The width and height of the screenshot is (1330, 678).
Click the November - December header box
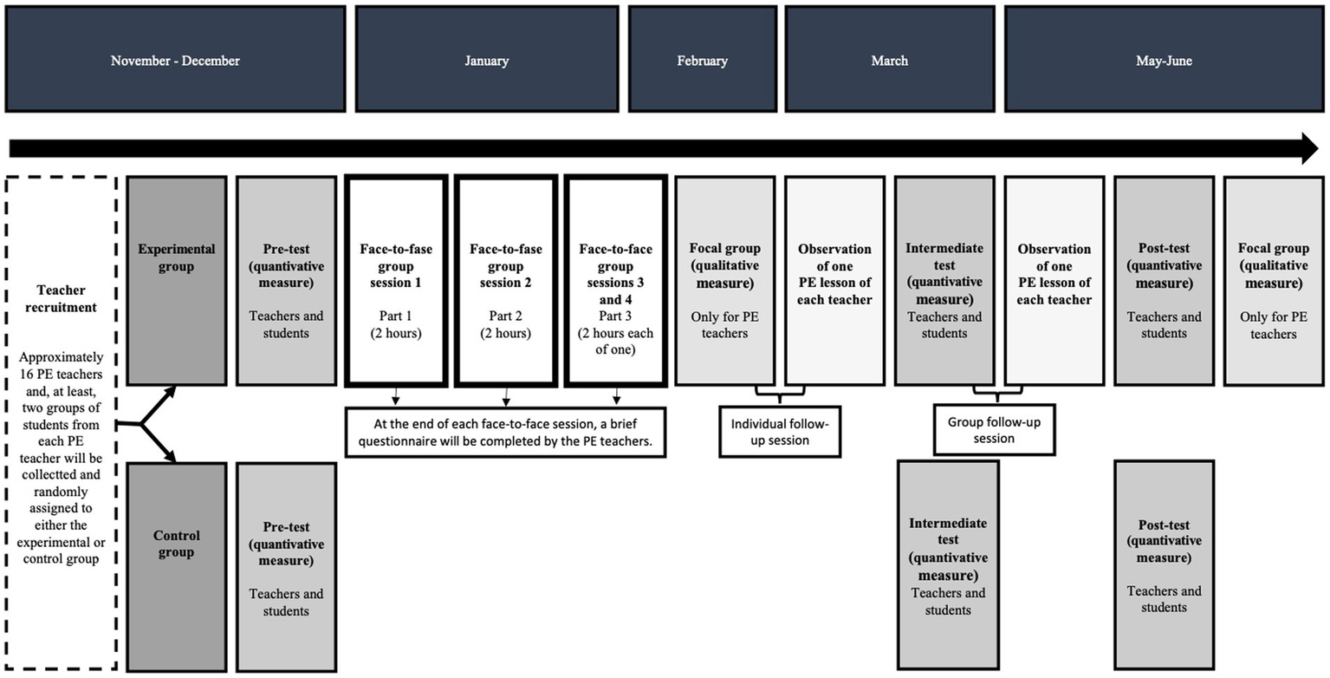click(175, 61)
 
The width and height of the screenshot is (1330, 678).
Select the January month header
click(486, 61)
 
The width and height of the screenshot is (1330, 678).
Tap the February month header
click(702, 61)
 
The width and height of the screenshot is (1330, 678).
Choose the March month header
click(890, 61)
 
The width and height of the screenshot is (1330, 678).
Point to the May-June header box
click(1164, 61)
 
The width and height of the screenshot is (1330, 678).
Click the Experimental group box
click(177, 280)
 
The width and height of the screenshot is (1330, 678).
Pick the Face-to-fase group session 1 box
click(396, 280)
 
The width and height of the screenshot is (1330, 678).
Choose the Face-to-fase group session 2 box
click(505, 280)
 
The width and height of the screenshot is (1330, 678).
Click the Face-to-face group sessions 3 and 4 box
click(615, 280)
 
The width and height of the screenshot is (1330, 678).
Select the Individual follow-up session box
click(781, 432)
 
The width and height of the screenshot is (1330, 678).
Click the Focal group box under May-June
click(1273, 280)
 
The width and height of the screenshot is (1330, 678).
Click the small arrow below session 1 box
click(395, 397)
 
